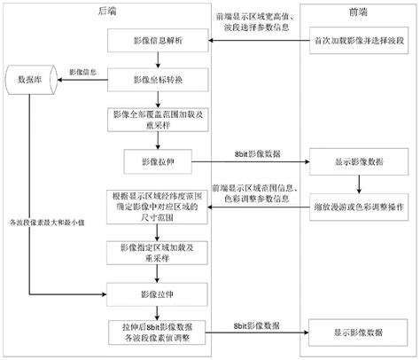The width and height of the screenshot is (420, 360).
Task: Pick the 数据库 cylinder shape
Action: tap(26, 79)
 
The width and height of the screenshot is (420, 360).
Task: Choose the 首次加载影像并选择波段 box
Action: tap(359, 42)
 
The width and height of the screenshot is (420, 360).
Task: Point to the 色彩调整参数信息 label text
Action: tap(256, 200)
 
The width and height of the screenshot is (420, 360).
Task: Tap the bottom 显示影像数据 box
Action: tap(359, 333)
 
